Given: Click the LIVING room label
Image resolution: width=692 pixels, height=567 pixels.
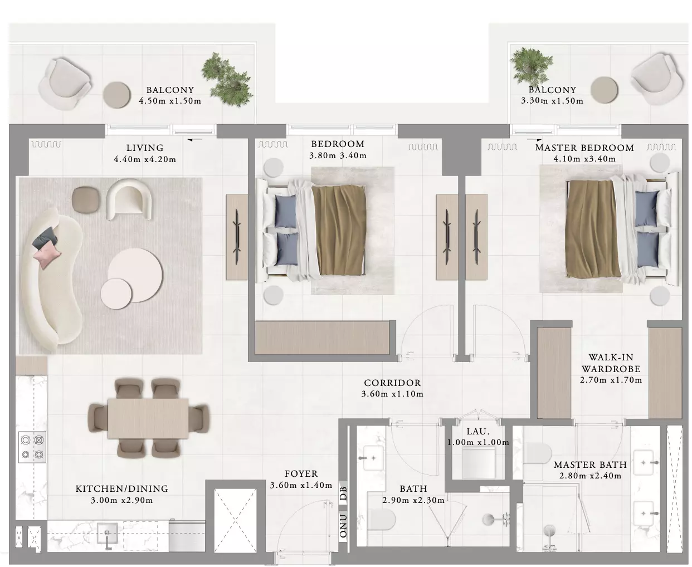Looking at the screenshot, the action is pos(145,148).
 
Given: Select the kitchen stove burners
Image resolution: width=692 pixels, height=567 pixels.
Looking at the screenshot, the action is pos(32,447).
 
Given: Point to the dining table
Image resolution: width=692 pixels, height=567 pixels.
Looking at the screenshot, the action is pos(148,418).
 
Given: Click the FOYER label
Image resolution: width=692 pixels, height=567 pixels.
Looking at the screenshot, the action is pos(301,474).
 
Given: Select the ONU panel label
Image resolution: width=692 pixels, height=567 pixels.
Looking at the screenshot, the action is pos(343,526).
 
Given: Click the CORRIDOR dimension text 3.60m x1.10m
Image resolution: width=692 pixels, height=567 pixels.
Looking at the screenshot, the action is pos(392,394).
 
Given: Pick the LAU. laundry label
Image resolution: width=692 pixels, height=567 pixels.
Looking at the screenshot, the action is pos(477,431).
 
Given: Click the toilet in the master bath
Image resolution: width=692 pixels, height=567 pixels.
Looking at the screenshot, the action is pos(538,453).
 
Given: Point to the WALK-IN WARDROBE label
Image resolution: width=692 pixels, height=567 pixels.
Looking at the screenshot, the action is pos(611,363).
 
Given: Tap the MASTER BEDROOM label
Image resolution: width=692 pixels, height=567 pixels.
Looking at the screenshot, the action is pos(584,148).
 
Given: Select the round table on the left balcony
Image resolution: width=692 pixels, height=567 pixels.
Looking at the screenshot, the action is pos(116,95).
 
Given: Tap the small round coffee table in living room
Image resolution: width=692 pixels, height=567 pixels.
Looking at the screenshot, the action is pos(116,294).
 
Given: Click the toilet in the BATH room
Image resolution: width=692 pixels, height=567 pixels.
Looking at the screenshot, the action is pos(381,520).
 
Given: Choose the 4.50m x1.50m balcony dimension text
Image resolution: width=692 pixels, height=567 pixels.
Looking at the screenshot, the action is pos(170,101).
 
